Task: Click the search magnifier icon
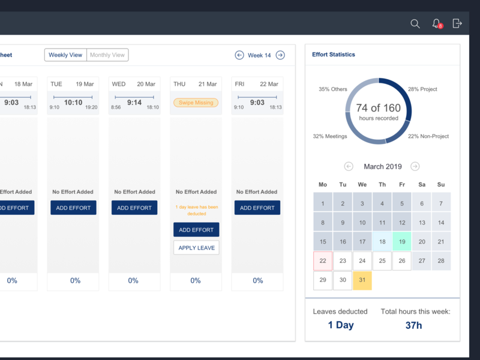(415, 23)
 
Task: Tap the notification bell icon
(436, 23)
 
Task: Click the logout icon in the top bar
(457, 23)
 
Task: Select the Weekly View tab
(65, 55)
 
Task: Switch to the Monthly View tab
(107, 55)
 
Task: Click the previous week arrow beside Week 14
(239, 55)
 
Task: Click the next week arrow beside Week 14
(280, 55)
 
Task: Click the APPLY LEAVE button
(196, 248)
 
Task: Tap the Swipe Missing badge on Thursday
(196, 103)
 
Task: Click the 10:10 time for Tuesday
(73, 103)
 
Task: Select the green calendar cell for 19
(401, 242)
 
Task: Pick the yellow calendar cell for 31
(362, 280)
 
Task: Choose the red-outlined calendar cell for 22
(323, 261)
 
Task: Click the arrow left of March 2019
(349, 166)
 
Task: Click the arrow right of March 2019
(415, 166)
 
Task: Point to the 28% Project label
(422, 89)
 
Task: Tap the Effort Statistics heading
(334, 55)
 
